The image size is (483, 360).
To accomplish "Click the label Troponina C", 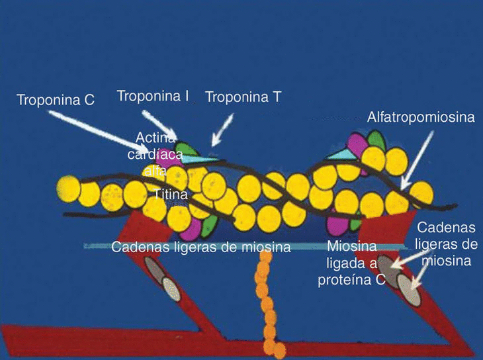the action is (56, 101).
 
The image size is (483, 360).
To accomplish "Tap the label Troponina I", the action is (153, 96).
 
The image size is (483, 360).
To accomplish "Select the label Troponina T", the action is (243, 97).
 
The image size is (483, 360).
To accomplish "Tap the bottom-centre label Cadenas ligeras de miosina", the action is (201, 247).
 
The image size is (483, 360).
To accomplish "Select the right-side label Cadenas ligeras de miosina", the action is (446, 244).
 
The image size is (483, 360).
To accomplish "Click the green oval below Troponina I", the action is (186, 150).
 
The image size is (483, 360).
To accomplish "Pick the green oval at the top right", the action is (376, 140).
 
